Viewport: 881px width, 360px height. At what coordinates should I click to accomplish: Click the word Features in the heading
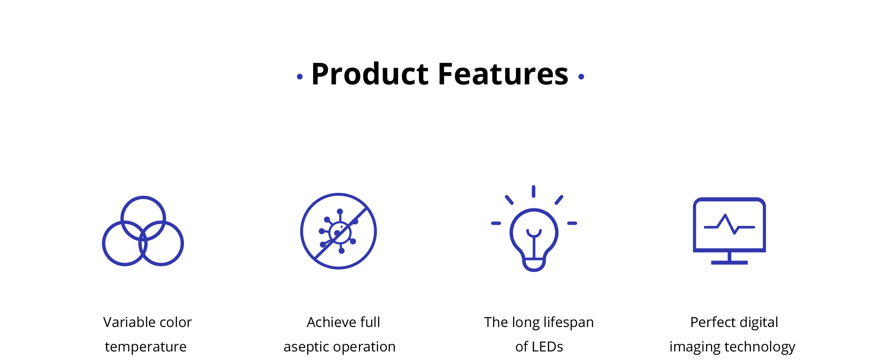[x=503, y=74]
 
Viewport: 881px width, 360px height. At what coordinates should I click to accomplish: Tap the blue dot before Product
[x=300, y=77]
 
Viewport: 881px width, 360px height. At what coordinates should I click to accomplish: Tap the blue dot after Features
[x=581, y=77]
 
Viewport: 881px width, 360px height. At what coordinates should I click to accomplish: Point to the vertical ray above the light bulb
[x=533, y=191]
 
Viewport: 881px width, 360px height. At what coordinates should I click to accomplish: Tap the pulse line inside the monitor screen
[x=729, y=225]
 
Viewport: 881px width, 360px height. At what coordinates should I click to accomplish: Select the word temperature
[x=146, y=347]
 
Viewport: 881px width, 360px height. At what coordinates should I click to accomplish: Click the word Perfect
[x=710, y=322]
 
